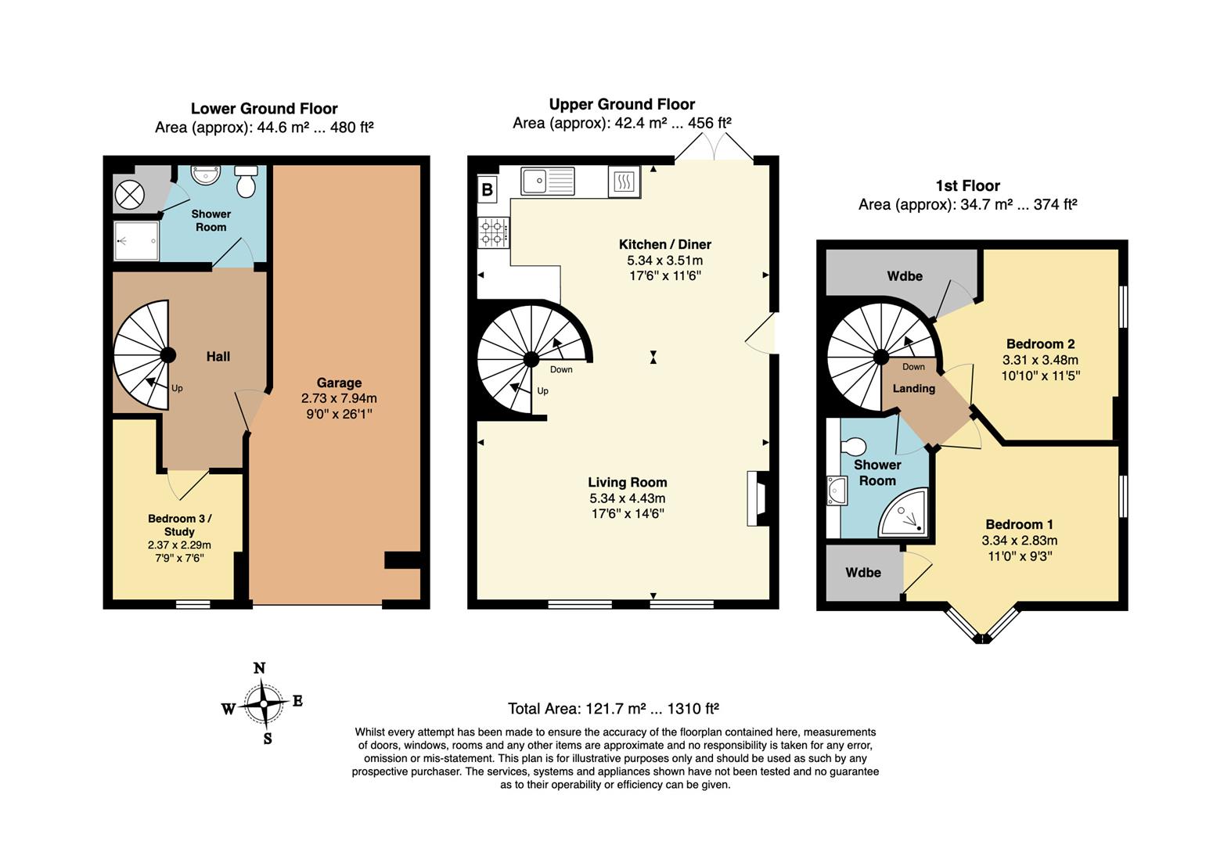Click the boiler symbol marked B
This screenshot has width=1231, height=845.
487,189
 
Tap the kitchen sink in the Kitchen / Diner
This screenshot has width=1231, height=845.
547,181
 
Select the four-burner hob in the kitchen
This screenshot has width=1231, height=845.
494,232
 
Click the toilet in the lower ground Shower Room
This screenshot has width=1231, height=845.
247,182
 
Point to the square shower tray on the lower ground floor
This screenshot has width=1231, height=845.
136,241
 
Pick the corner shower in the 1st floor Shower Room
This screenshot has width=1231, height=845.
903,512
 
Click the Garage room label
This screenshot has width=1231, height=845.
339,383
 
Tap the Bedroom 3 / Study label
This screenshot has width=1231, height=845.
180,525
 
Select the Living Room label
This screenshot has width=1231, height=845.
628,483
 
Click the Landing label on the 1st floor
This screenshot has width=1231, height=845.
914,388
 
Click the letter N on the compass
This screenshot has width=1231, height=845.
259,667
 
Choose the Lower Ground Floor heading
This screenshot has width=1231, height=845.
265,109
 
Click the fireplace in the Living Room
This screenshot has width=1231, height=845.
758,498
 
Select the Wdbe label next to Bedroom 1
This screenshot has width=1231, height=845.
863,573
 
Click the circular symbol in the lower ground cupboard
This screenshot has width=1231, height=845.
130,195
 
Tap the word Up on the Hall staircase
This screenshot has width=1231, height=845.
177,388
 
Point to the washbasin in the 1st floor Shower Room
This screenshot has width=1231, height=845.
837,491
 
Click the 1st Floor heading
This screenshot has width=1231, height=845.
968,185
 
